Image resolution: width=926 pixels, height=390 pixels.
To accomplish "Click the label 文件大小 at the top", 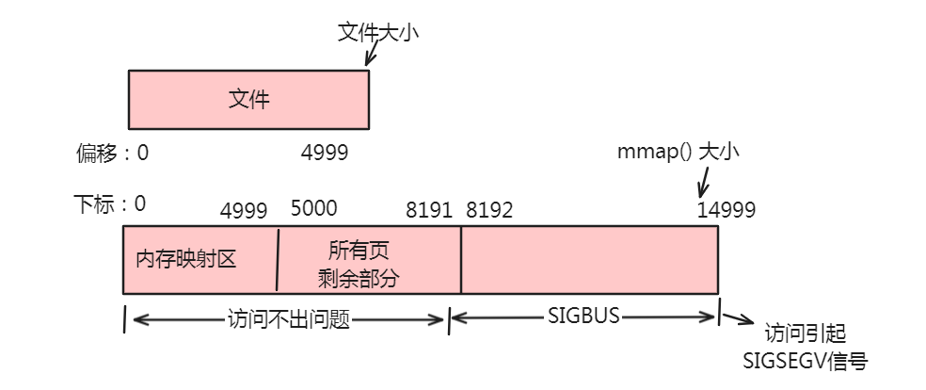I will point(377,32).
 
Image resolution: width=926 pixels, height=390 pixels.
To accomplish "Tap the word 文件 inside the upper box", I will point(248,99).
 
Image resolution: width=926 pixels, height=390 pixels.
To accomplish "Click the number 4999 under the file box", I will point(325,153).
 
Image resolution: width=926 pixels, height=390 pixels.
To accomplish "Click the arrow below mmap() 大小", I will point(704,179).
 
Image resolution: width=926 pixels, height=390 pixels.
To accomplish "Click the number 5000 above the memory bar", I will point(314,208).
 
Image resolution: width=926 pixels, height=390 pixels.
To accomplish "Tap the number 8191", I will point(428,210).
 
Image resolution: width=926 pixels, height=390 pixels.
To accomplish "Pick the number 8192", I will point(489,210).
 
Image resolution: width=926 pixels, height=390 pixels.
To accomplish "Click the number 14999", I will point(726,210).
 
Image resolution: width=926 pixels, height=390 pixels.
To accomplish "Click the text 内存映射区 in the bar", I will point(185,259).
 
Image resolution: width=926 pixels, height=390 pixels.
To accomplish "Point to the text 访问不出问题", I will point(289,319).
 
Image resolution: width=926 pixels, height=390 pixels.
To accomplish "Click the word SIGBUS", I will point(583,316).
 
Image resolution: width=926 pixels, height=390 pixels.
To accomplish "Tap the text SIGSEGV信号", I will point(805,361).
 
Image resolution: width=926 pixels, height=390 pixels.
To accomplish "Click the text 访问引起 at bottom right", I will point(806,334).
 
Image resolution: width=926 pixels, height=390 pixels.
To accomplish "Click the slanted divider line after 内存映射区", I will point(279,260).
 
